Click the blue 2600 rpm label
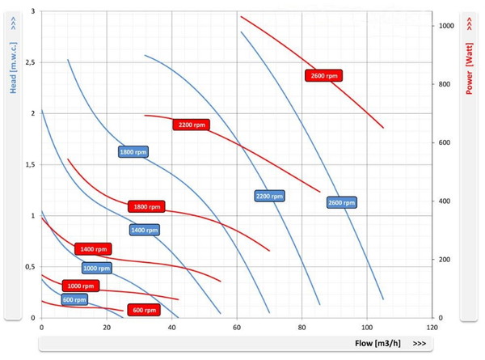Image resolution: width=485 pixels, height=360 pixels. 342,202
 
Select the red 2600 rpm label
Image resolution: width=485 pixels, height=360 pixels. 323,75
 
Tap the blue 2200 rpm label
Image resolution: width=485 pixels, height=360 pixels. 269,196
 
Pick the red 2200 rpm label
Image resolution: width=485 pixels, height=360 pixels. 191,125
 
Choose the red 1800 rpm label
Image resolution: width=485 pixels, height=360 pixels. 146,206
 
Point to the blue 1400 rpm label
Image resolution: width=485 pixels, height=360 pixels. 143,231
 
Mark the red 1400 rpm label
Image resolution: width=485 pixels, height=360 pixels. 93,249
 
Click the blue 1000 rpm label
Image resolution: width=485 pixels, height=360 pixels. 96,268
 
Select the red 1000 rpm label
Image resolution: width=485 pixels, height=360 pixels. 80,286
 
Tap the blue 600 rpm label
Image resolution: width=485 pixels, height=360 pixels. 74,300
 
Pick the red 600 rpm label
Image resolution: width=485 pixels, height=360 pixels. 143,310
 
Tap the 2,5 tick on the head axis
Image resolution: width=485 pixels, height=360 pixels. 30,62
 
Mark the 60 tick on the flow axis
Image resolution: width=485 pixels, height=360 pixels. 236,328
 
